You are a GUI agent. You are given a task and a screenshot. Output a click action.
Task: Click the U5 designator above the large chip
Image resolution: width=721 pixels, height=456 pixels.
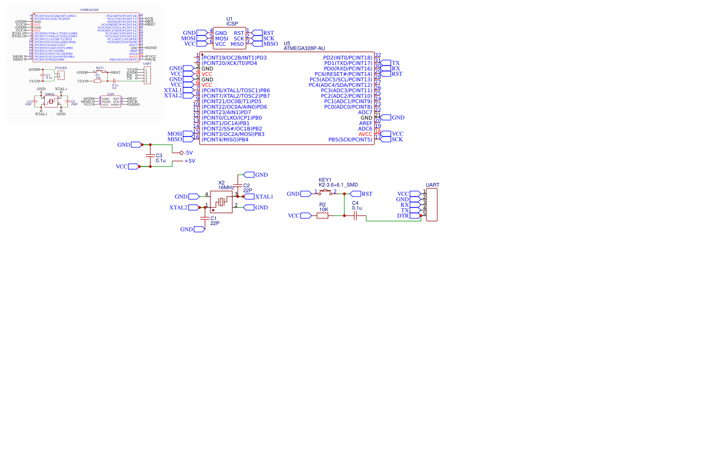(x=287, y=43)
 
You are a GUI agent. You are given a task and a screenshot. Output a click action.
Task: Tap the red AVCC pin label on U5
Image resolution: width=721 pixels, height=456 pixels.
(x=365, y=134)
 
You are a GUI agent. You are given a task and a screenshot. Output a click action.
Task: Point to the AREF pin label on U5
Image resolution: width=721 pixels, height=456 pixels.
(x=365, y=123)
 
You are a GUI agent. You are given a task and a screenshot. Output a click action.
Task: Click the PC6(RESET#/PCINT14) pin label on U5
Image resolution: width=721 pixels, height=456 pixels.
(x=343, y=74)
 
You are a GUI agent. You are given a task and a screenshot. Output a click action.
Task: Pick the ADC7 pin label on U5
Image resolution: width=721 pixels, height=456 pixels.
(x=365, y=112)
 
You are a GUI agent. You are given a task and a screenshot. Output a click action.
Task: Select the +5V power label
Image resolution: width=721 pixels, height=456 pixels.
(x=189, y=161)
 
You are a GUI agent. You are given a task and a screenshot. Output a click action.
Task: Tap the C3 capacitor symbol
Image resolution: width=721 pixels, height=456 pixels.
(x=151, y=156)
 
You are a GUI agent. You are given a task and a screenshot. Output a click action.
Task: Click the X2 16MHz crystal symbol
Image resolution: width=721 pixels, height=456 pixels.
(x=221, y=202)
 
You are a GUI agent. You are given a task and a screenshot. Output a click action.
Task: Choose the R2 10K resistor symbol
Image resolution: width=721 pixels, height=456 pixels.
(x=323, y=216)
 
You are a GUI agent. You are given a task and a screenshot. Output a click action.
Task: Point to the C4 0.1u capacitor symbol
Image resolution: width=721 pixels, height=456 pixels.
(x=355, y=216)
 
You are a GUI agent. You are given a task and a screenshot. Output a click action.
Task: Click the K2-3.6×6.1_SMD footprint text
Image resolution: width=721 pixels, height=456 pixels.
(x=338, y=185)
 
